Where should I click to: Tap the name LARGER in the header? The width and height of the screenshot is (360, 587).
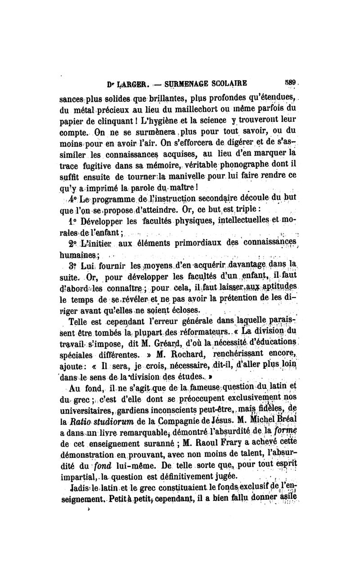(125, 84)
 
